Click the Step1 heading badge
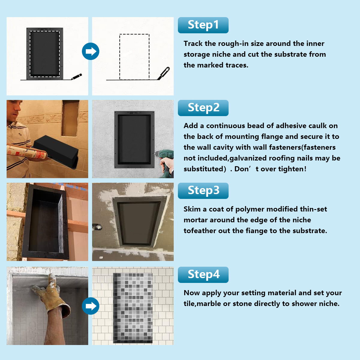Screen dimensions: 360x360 (x=203, y=25)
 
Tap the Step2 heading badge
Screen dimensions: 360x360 (x=203, y=108)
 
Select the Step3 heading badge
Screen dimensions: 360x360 (x=203, y=191)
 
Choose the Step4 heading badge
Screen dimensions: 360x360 (x=203, y=275)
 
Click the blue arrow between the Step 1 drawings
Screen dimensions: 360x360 (x=90, y=51)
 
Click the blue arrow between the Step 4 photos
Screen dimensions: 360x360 (x=90, y=306)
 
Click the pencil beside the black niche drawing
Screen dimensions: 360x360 (x=76, y=76)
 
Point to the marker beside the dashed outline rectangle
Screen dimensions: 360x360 (x=163, y=73)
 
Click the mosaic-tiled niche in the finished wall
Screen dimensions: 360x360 (x=133, y=307)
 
